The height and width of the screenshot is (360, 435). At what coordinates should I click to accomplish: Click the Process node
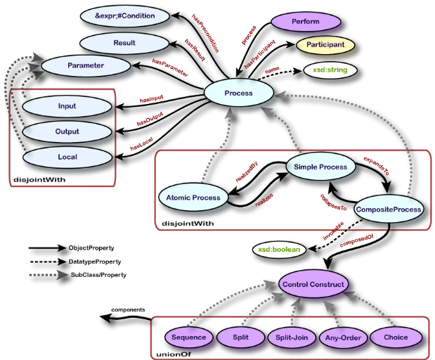[x=238, y=93]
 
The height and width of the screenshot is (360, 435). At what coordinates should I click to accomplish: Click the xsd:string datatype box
[x=329, y=70]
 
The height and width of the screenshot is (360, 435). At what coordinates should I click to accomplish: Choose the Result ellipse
[x=124, y=44]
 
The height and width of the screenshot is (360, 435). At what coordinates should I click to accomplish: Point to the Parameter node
[x=86, y=65]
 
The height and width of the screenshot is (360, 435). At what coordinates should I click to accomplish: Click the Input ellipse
[x=67, y=106]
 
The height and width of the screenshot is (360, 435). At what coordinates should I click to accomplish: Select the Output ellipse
[x=67, y=131]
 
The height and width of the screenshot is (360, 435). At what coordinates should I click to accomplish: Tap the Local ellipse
[x=67, y=156]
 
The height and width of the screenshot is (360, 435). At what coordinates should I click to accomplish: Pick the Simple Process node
[x=321, y=167]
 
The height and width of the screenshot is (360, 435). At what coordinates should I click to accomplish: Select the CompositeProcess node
[x=389, y=209]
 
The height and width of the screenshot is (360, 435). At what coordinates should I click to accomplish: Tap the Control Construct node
[x=313, y=285]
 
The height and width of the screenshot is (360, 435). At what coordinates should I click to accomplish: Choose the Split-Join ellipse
[x=292, y=337]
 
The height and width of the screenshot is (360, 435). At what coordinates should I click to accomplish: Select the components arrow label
[x=132, y=309]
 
